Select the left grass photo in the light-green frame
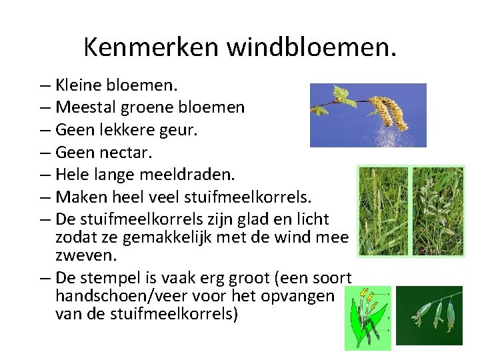click(383, 210)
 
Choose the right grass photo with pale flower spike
click(437, 210)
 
